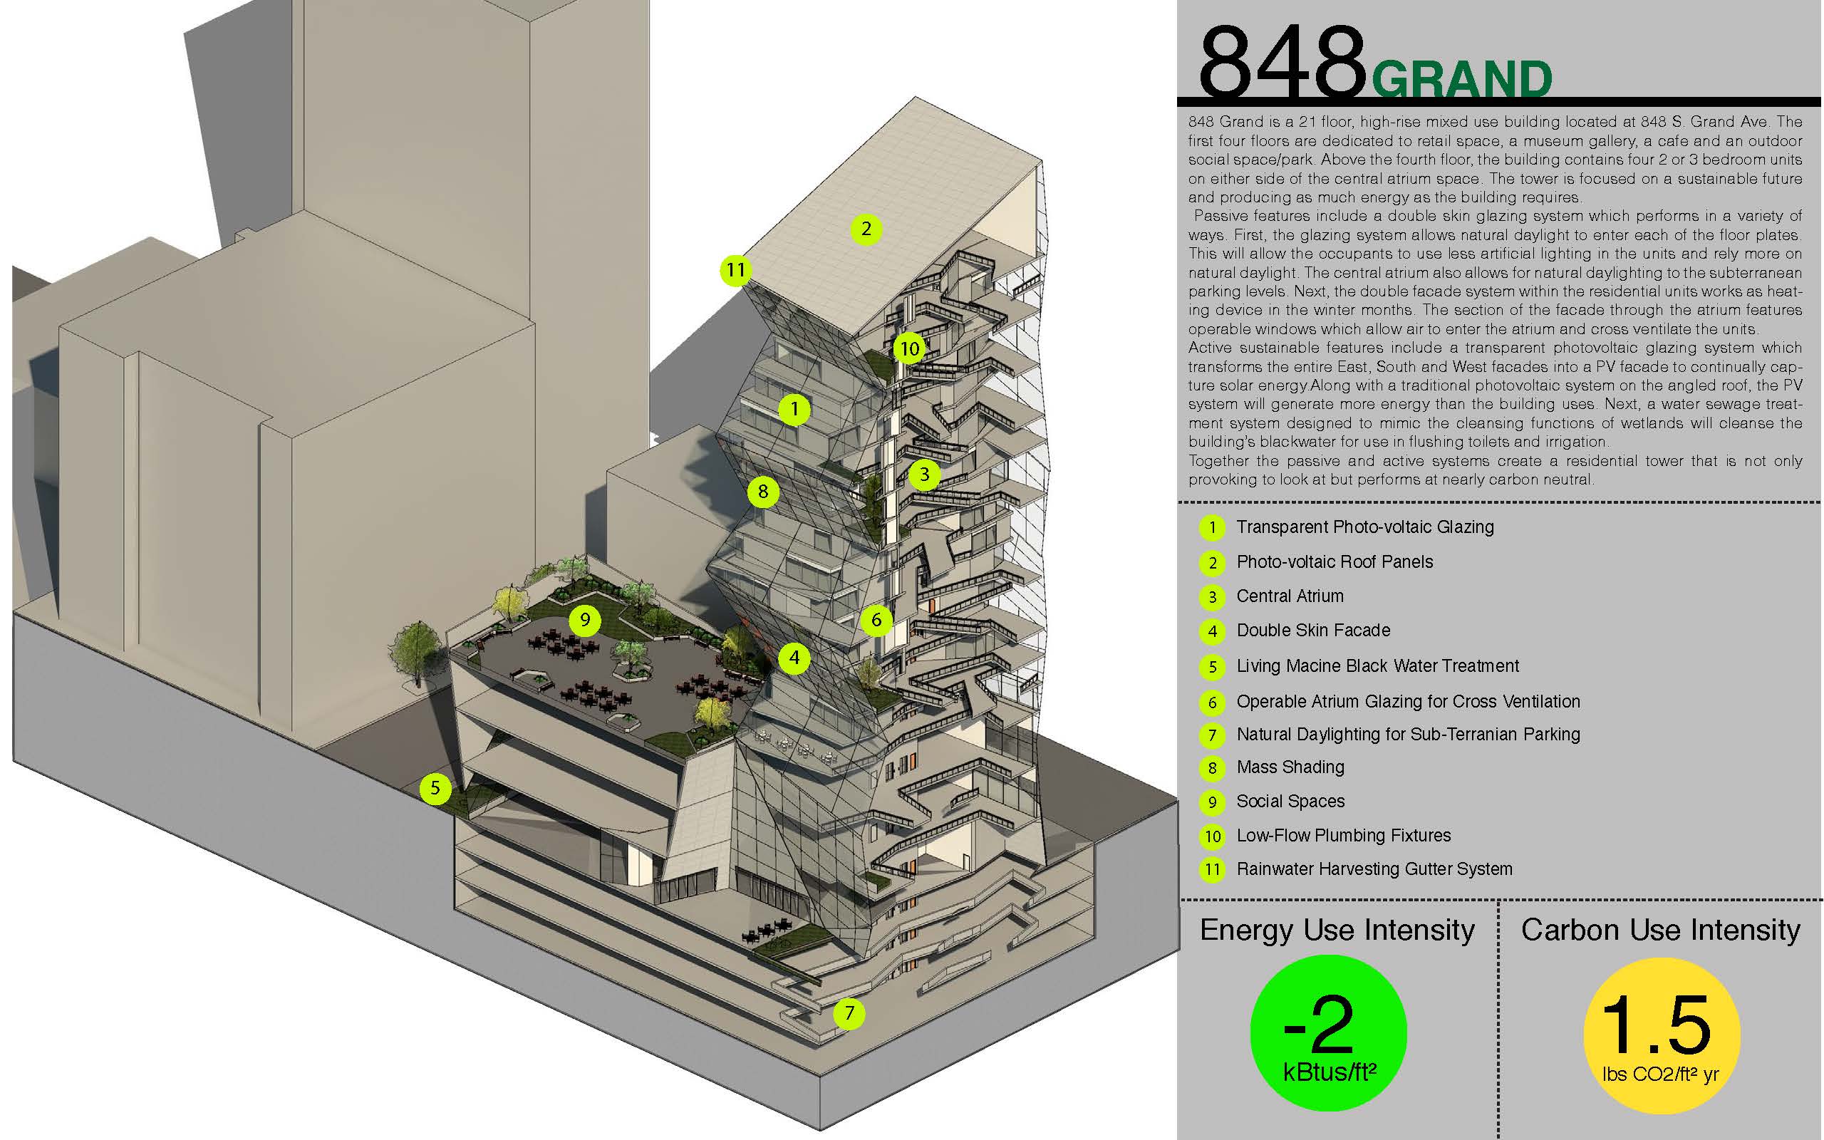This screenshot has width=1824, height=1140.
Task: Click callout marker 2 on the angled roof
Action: tap(866, 229)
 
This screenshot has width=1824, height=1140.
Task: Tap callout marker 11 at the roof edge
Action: tap(735, 270)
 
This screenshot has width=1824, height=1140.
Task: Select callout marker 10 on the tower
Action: tap(910, 348)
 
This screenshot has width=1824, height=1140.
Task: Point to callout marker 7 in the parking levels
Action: tap(849, 1012)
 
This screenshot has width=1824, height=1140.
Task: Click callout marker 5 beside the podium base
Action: tap(435, 789)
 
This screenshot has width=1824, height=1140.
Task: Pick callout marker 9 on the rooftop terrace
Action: tap(585, 621)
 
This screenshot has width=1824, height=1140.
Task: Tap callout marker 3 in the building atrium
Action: tap(924, 475)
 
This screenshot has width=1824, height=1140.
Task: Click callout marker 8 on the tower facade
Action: tap(763, 492)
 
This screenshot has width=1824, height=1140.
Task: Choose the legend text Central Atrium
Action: tap(1290, 596)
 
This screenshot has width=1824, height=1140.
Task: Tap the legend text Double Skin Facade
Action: tap(1313, 631)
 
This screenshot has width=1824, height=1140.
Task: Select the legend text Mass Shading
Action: tap(1290, 767)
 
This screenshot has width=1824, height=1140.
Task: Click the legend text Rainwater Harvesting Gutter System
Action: tap(1374, 869)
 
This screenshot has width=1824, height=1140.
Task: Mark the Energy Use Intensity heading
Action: tap(1337, 931)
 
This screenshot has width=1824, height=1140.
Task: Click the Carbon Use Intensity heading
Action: tap(1660, 931)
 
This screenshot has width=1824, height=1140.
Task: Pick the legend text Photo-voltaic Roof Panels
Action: tap(1334, 562)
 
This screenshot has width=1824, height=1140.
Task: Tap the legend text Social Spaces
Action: tap(1290, 802)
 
